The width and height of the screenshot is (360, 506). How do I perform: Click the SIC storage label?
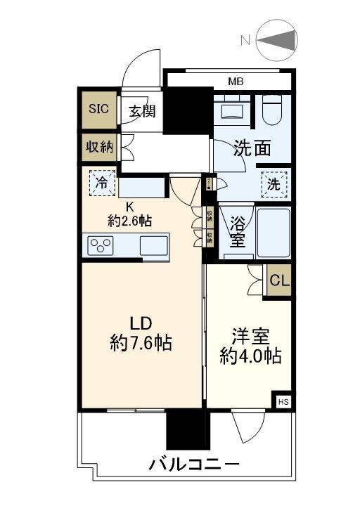[98, 109]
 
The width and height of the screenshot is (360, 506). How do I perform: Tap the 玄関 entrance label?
[142, 110]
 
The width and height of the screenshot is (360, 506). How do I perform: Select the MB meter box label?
[236, 82]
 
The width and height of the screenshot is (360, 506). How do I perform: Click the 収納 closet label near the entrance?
[99, 147]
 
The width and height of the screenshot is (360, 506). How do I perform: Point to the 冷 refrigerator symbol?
[103, 183]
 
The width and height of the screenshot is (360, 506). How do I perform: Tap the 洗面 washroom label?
[252, 148]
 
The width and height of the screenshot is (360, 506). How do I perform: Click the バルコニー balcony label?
[193, 465]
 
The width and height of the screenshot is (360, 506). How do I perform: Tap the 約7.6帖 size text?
[141, 344]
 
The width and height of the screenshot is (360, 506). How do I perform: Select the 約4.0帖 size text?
[250, 356]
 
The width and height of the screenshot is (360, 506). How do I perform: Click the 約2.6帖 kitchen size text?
[129, 220]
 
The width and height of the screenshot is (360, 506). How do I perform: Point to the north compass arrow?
[282, 40]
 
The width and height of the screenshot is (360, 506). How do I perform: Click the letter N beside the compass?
[245, 40]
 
